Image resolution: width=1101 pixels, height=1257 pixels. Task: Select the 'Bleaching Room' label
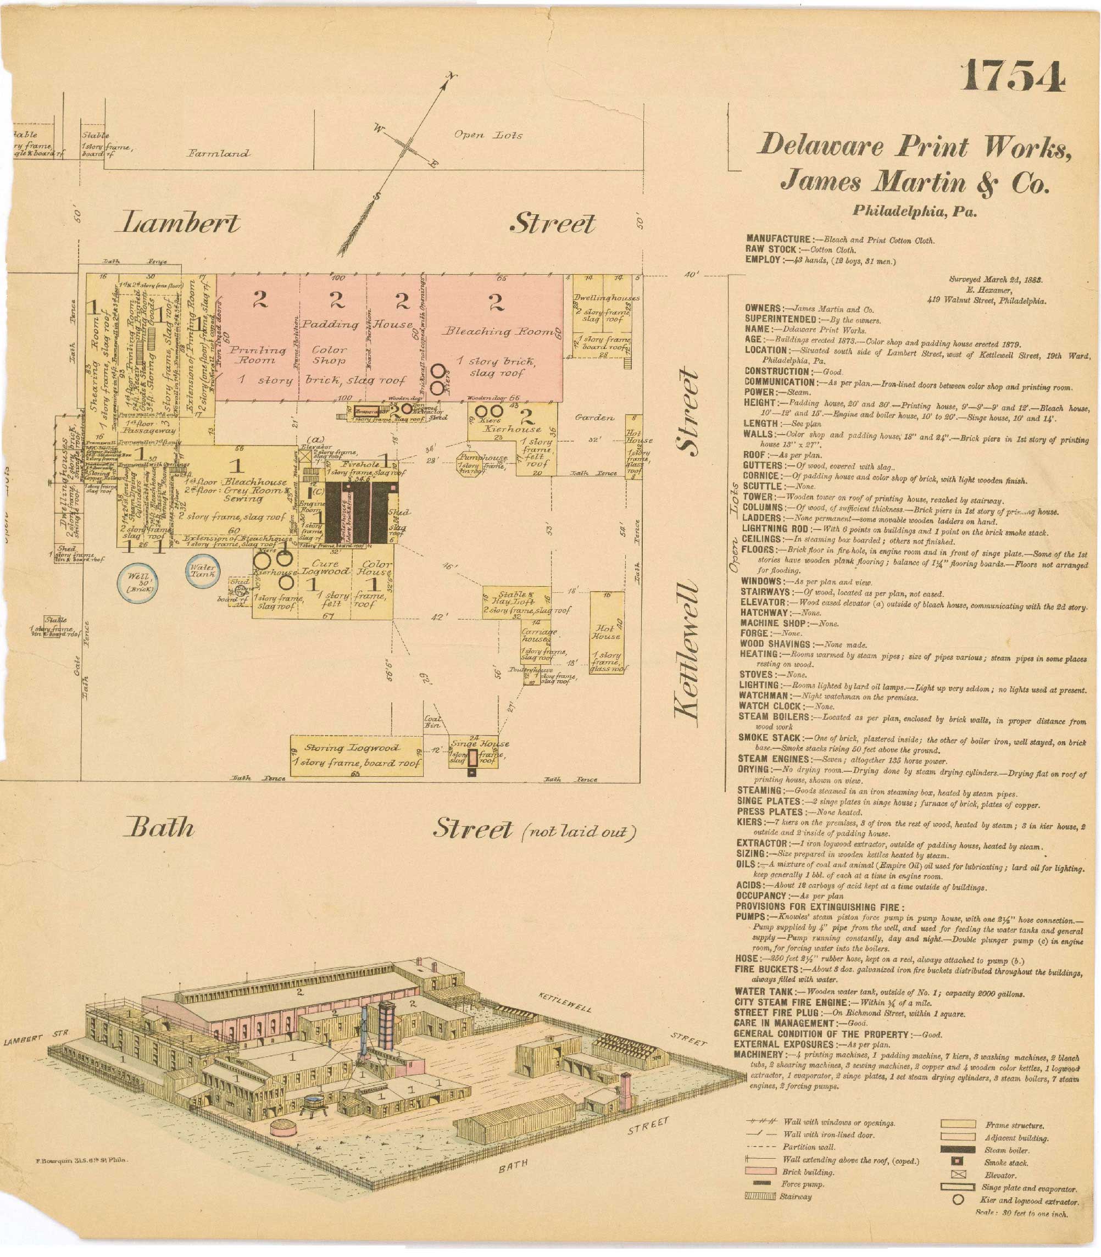pyautogui.click(x=499, y=332)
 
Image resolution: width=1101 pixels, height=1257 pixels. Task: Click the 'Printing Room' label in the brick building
pyautogui.click(x=258, y=354)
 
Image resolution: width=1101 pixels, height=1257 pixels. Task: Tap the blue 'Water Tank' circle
pyautogui.click(x=203, y=571)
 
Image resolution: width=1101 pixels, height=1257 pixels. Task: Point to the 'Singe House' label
pyautogui.click(x=479, y=743)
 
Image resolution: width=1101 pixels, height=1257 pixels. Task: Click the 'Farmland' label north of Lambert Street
pyautogui.click(x=219, y=154)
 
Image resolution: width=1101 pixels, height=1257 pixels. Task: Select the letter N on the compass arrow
pyautogui.click(x=452, y=76)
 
